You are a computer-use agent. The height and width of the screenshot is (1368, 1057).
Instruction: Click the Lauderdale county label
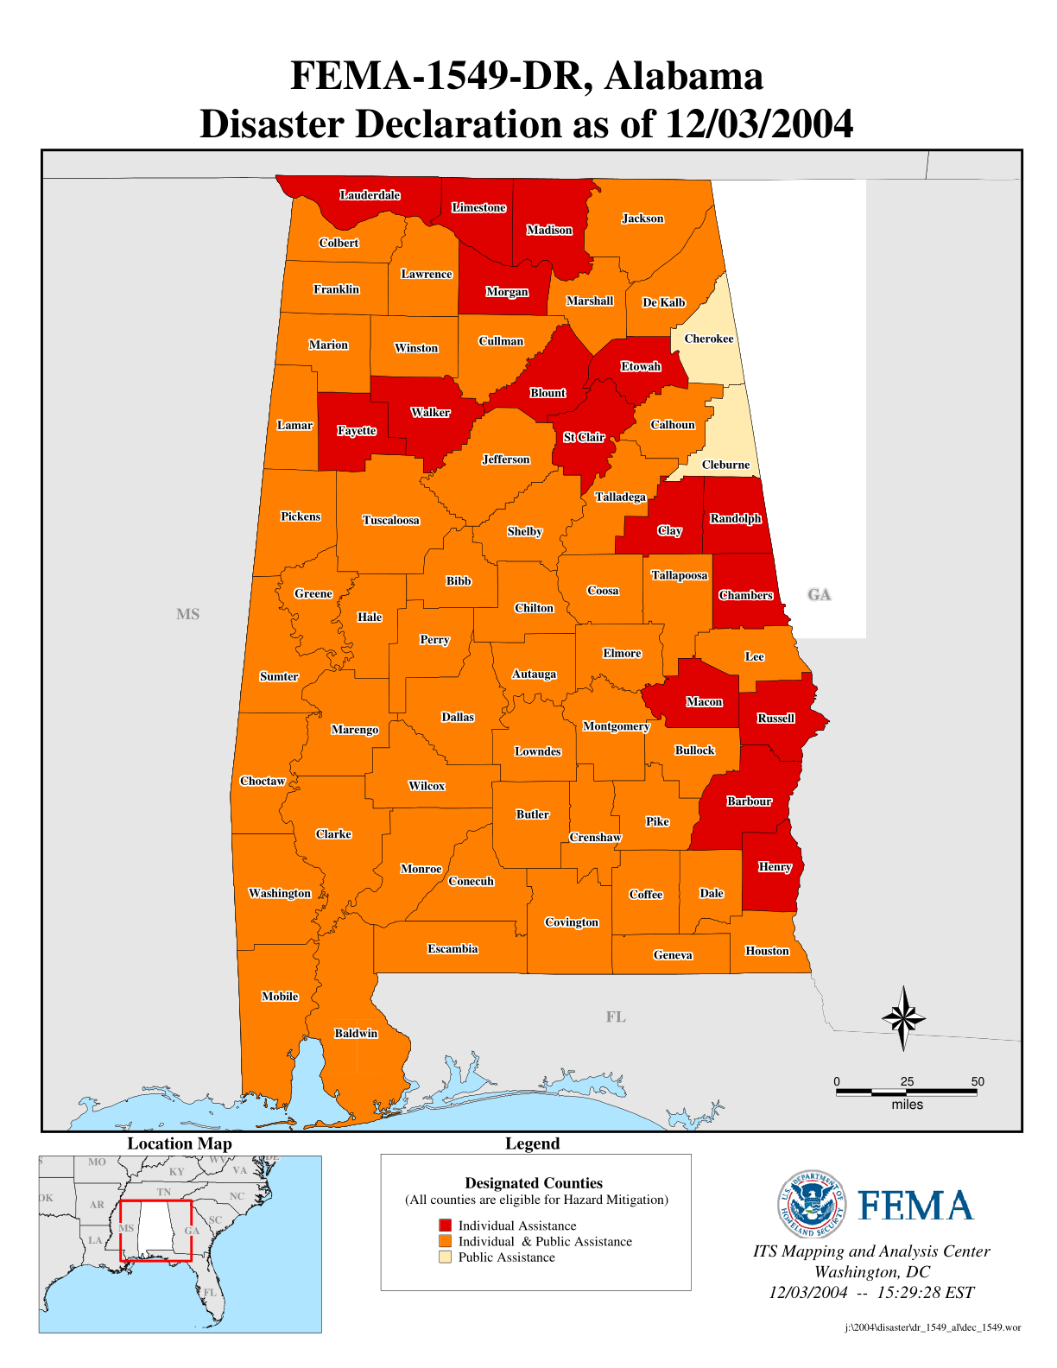[x=370, y=195]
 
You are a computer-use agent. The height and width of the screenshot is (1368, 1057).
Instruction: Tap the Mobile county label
[x=280, y=997]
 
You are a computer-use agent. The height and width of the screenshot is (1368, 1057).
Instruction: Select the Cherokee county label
[x=709, y=339]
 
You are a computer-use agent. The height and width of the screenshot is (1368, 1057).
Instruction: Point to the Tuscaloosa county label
[x=391, y=520]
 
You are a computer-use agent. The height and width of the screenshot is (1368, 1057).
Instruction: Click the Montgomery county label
[x=616, y=726]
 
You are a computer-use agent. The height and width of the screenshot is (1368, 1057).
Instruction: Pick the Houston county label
[x=767, y=951]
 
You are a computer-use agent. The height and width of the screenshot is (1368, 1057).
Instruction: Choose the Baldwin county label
[x=356, y=1034]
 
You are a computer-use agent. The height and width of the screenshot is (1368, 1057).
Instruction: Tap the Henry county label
[x=775, y=867]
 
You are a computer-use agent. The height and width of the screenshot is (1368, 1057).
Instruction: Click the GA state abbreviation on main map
[x=819, y=594]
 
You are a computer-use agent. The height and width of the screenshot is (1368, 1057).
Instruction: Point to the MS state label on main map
[x=187, y=614]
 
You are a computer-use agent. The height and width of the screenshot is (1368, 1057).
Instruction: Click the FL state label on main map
[x=615, y=1016]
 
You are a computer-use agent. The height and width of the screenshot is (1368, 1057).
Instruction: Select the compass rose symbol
[x=903, y=1019]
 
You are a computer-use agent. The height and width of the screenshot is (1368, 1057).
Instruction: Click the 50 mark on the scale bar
[x=977, y=1082]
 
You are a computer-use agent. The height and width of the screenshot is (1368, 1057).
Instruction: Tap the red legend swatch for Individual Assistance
[x=445, y=1225]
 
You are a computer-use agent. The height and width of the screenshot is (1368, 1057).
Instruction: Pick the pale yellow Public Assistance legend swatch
[x=445, y=1257]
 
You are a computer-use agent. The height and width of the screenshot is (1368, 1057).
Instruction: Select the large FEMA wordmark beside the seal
[x=915, y=1206]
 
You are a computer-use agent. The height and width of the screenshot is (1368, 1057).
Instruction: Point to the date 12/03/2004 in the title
[x=759, y=123]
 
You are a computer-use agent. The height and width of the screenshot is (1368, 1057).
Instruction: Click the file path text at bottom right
[x=933, y=1327]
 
